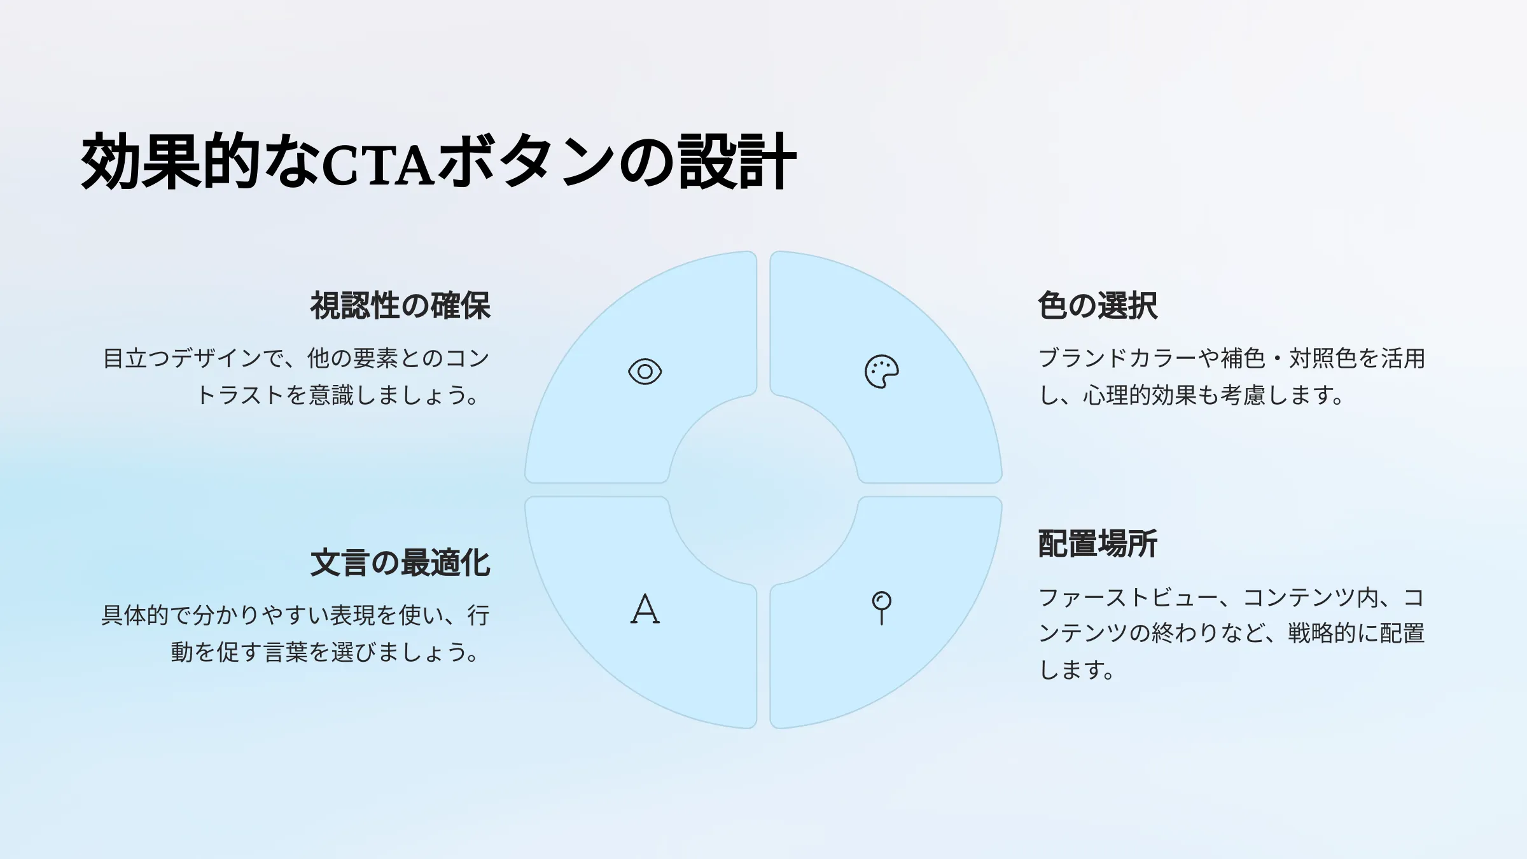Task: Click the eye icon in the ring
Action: pos(645,372)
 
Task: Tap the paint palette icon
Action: pos(881,372)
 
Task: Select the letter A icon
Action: pos(645,609)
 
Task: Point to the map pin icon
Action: pos(881,608)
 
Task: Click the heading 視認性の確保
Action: pos(400,306)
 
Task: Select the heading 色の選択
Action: pos(1098,306)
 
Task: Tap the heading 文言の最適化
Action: pos(400,563)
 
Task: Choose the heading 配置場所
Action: pos(1098,544)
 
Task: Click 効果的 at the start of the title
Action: pos(171,162)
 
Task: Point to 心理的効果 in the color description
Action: pos(1140,396)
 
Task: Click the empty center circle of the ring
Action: pos(763,490)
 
